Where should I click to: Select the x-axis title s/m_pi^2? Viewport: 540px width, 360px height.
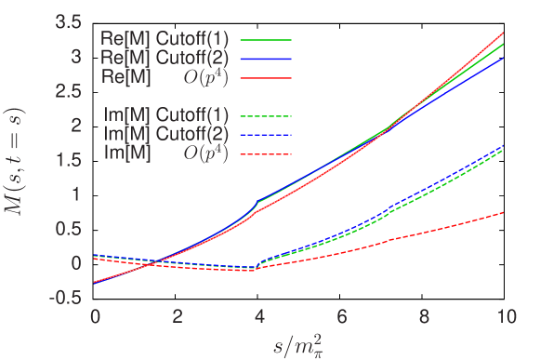(x=299, y=345)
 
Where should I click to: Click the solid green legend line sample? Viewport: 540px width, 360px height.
(x=266, y=42)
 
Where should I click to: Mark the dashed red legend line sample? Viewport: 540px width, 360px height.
(x=266, y=153)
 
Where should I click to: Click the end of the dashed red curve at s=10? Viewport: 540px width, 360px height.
(x=504, y=213)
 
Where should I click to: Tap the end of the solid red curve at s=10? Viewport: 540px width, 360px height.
(x=504, y=33)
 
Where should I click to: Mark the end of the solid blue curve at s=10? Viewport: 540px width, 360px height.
(x=504, y=58)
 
